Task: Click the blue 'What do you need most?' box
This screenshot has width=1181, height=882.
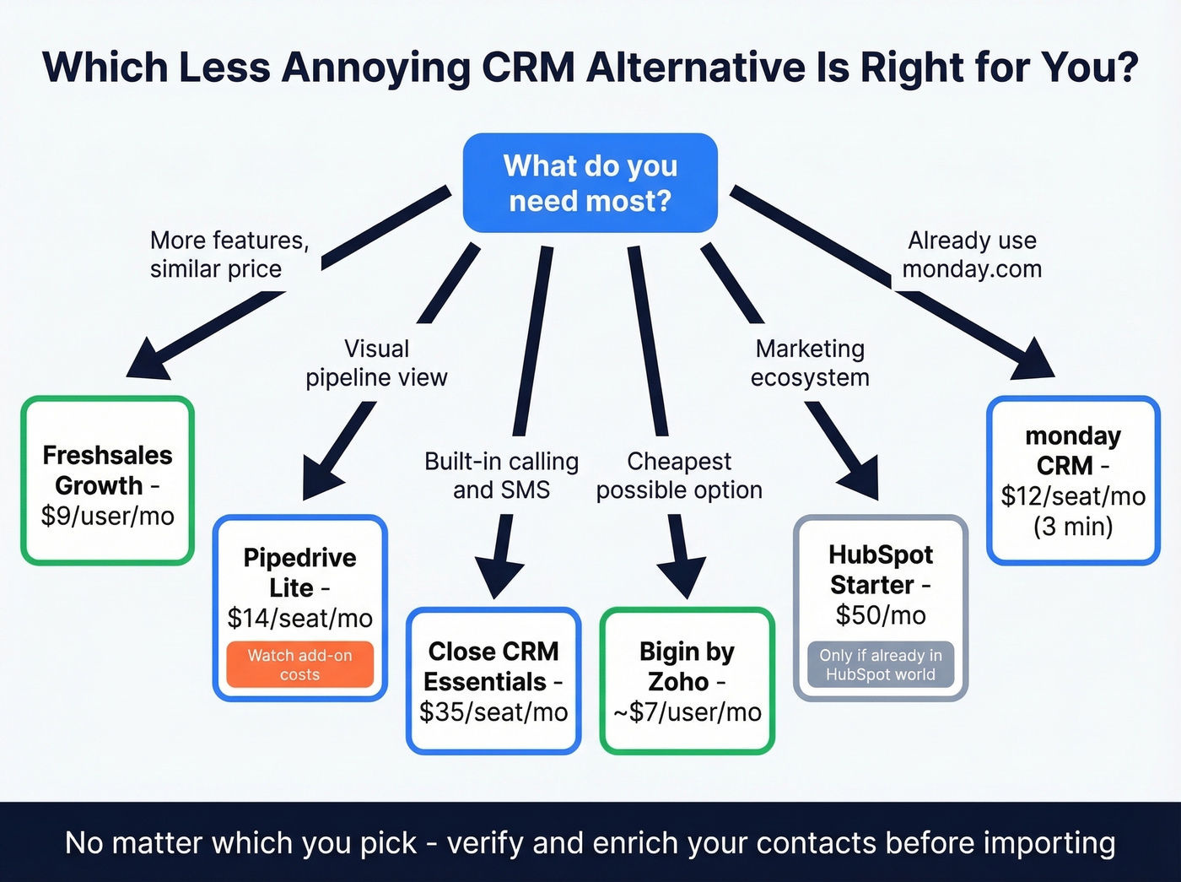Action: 590,182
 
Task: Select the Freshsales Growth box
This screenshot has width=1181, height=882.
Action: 108,480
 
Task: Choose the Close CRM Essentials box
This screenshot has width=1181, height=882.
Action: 493,680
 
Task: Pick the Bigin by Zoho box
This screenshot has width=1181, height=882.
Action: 687,680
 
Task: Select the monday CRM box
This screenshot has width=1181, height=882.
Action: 1073,480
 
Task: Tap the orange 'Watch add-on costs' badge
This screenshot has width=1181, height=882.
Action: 299,664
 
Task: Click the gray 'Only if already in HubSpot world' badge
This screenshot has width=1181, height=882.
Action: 880,664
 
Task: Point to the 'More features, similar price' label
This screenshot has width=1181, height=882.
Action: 229,254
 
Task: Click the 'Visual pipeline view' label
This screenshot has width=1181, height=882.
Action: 376,363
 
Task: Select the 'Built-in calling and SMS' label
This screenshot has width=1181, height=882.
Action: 501,475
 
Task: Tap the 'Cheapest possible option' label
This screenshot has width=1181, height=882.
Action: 679,475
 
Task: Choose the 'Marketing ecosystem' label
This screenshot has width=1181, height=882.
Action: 810,363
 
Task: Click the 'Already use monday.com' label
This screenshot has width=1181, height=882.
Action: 972,254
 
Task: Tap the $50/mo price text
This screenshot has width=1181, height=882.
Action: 880,615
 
